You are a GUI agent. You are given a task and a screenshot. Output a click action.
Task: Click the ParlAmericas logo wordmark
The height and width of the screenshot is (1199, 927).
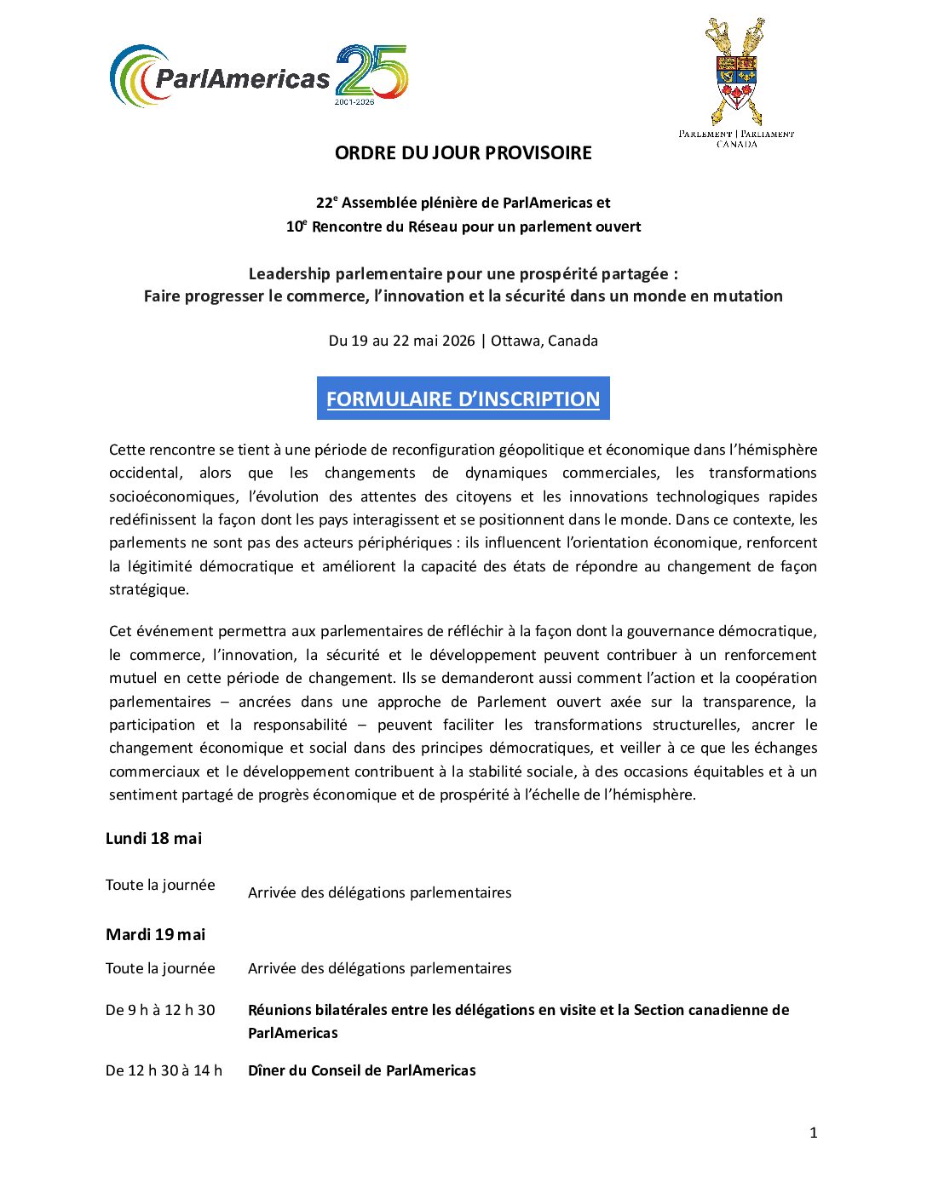(242, 79)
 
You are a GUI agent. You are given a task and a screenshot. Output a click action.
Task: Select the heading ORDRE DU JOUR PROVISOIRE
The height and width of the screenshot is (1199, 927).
(463, 153)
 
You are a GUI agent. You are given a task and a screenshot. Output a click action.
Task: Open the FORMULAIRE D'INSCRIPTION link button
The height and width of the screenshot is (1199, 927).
(463, 399)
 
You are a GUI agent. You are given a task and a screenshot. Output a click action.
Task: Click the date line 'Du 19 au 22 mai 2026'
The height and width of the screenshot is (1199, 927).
(401, 341)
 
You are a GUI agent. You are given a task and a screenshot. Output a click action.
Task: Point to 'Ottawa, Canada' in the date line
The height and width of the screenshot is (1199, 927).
(544, 341)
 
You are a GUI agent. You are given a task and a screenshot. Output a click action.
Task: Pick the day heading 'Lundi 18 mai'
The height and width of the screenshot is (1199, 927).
(153, 839)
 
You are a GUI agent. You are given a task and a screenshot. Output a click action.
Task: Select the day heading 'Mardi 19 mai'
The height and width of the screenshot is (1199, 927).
(155, 935)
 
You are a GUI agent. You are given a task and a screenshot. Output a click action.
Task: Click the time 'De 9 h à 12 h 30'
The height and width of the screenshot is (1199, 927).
(160, 1010)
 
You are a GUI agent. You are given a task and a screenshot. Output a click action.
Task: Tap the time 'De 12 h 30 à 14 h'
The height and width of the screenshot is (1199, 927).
(164, 1070)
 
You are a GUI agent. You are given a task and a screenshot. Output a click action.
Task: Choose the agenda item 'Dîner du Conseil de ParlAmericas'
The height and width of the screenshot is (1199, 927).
(361, 1070)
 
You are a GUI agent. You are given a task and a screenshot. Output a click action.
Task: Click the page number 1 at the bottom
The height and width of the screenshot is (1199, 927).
(813, 1133)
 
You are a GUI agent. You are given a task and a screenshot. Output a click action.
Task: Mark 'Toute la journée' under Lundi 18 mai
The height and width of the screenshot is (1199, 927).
(160, 886)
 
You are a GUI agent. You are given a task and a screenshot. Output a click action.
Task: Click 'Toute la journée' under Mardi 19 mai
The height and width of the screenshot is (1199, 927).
(160, 968)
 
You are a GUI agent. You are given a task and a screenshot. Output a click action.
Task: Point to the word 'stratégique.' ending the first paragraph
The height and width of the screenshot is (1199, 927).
(149, 589)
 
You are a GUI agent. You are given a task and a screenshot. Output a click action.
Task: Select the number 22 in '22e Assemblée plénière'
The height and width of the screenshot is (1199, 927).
(324, 204)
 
